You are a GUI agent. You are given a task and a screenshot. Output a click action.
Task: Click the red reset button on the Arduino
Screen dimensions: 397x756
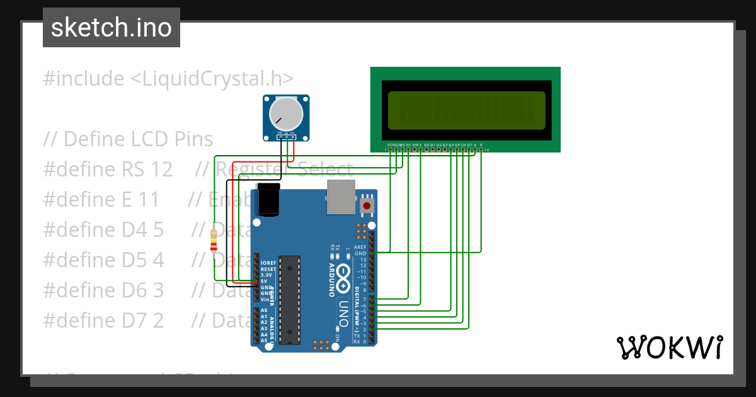coord(366,205)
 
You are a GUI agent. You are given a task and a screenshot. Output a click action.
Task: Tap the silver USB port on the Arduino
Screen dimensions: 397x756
coord(341,196)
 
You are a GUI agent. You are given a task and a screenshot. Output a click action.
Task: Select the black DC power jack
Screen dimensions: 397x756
coord(269,200)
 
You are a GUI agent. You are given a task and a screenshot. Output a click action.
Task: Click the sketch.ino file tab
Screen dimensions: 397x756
coord(112,28)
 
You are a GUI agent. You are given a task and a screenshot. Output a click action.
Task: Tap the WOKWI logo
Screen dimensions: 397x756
coord(669,347)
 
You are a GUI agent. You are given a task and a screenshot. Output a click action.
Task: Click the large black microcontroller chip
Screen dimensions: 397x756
coord(289,299)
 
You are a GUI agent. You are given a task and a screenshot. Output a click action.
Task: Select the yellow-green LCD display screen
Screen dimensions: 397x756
coord(466,110)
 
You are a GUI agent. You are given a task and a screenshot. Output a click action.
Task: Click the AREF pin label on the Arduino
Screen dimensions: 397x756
coord(360,248)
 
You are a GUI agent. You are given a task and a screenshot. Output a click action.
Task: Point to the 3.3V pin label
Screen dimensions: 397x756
coord(267,275)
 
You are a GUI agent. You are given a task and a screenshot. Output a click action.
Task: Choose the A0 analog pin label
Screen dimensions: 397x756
coord(264,311)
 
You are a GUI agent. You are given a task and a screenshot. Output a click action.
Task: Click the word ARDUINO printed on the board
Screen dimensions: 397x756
coord(332,280)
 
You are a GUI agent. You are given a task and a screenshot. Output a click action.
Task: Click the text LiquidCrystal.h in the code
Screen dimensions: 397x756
coord(212,79)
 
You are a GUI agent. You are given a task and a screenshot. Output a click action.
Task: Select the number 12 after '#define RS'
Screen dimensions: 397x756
coord(161,170)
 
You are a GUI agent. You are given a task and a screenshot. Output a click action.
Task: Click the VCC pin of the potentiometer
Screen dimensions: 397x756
coord(292,133)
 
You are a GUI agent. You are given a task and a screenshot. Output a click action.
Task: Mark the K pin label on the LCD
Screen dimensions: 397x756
coord(481,145)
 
